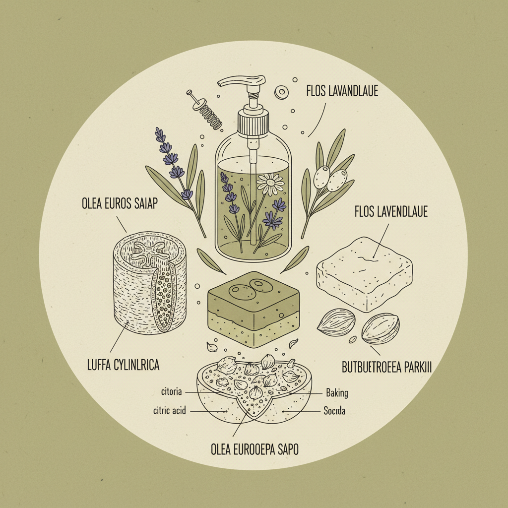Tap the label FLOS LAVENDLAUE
391,212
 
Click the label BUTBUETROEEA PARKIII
387,368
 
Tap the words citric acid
170,411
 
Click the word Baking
337,393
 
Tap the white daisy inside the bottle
271,184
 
